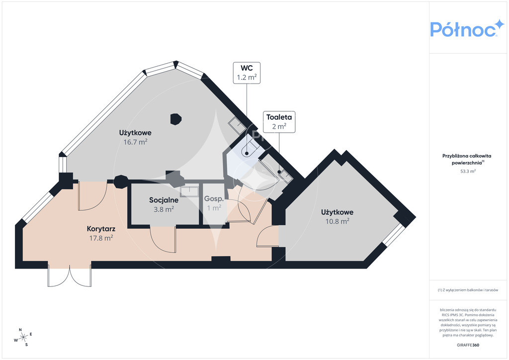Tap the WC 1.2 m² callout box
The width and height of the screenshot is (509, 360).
tap(247, 73)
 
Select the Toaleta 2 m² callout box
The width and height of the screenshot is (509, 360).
tap(279, 122)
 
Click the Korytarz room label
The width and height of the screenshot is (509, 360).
tap(101, 229)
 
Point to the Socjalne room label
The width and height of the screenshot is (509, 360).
tap(164, 200)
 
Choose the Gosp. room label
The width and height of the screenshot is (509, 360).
tap(214, 199)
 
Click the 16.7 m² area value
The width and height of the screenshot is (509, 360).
tap(135, 142)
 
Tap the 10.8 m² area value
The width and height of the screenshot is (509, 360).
tap(338, 221)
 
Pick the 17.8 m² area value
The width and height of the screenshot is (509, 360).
tap(101, 238)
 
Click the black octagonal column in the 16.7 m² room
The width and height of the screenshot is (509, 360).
tap(175, 119)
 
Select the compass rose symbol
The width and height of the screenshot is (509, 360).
tap(23, 337)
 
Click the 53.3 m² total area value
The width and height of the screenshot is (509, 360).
tap(468, 171)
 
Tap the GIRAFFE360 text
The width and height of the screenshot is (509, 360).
tap(468, 345)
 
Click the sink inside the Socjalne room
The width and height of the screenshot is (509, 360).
tap(189, 191)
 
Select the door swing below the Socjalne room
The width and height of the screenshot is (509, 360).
tap(163, 240)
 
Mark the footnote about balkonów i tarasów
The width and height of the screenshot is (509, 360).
tap(468, 290)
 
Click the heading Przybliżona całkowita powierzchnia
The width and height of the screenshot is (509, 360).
tap(467, 159)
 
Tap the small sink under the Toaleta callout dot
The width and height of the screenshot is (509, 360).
tap(285, 177)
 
